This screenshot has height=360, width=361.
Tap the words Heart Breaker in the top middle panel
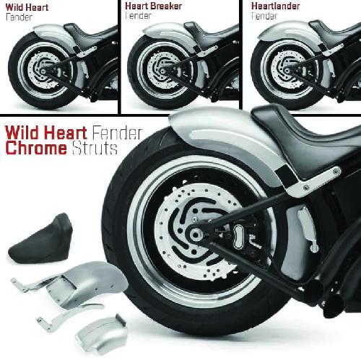(153, 6)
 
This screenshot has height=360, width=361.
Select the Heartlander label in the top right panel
(275, 6)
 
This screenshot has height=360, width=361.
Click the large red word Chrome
(36, 148)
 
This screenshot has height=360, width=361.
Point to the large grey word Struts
(95, 148)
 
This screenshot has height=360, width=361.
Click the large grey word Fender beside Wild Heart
(117, 133)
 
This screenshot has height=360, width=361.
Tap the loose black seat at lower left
(41, 239)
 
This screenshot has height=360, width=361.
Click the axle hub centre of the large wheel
(194, 234)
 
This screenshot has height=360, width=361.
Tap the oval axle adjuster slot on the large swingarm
(238, 237)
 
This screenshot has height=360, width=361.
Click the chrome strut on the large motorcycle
(313, 183)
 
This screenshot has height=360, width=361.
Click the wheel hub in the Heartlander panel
(286, 71)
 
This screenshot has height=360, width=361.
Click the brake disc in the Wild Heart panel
(43, 71)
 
